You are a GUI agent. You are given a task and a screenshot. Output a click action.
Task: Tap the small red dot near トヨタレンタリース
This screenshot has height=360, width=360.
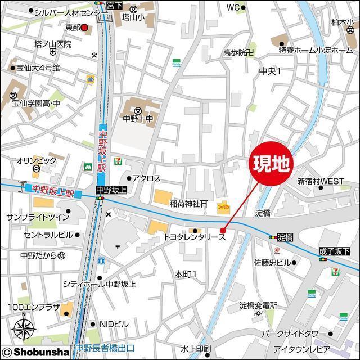pyautogui.click(x=223, y=230)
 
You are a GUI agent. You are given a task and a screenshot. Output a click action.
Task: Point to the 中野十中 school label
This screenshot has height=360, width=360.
pyautogui.click(x=138, y=119)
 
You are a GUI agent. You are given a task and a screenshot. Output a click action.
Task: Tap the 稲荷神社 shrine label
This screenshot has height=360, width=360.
pyautogui.click(x=186, y=203)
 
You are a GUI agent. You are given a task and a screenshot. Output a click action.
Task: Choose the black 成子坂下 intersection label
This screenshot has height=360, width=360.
pyautogui.click(x=334, y=251)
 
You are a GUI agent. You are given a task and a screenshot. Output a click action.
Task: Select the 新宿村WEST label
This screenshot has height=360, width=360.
pyautogui.click(x=321, y=181)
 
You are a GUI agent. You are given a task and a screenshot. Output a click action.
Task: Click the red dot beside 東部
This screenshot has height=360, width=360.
pyautogui.click(x=84, y=27)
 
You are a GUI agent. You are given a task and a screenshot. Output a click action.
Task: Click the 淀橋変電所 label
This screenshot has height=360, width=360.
pyautogui.click(x=258, y=305)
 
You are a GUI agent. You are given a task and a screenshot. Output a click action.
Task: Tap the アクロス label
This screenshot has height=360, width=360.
pyautogui.click(x=146, y=178)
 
